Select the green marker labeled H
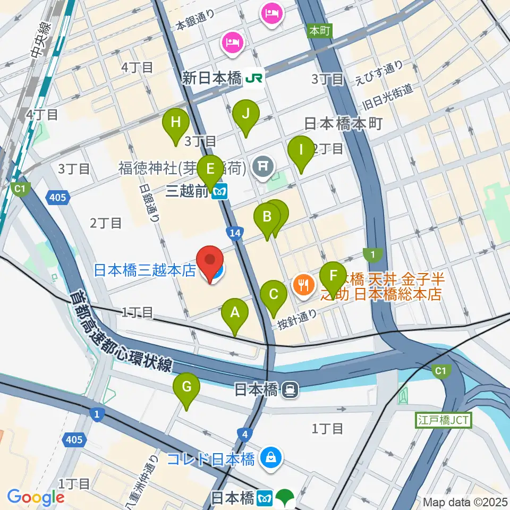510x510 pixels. point(176,123)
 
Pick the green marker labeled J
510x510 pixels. point(245,114)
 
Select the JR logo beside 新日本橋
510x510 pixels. point(254,79)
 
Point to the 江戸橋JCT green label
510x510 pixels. point(443,420)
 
